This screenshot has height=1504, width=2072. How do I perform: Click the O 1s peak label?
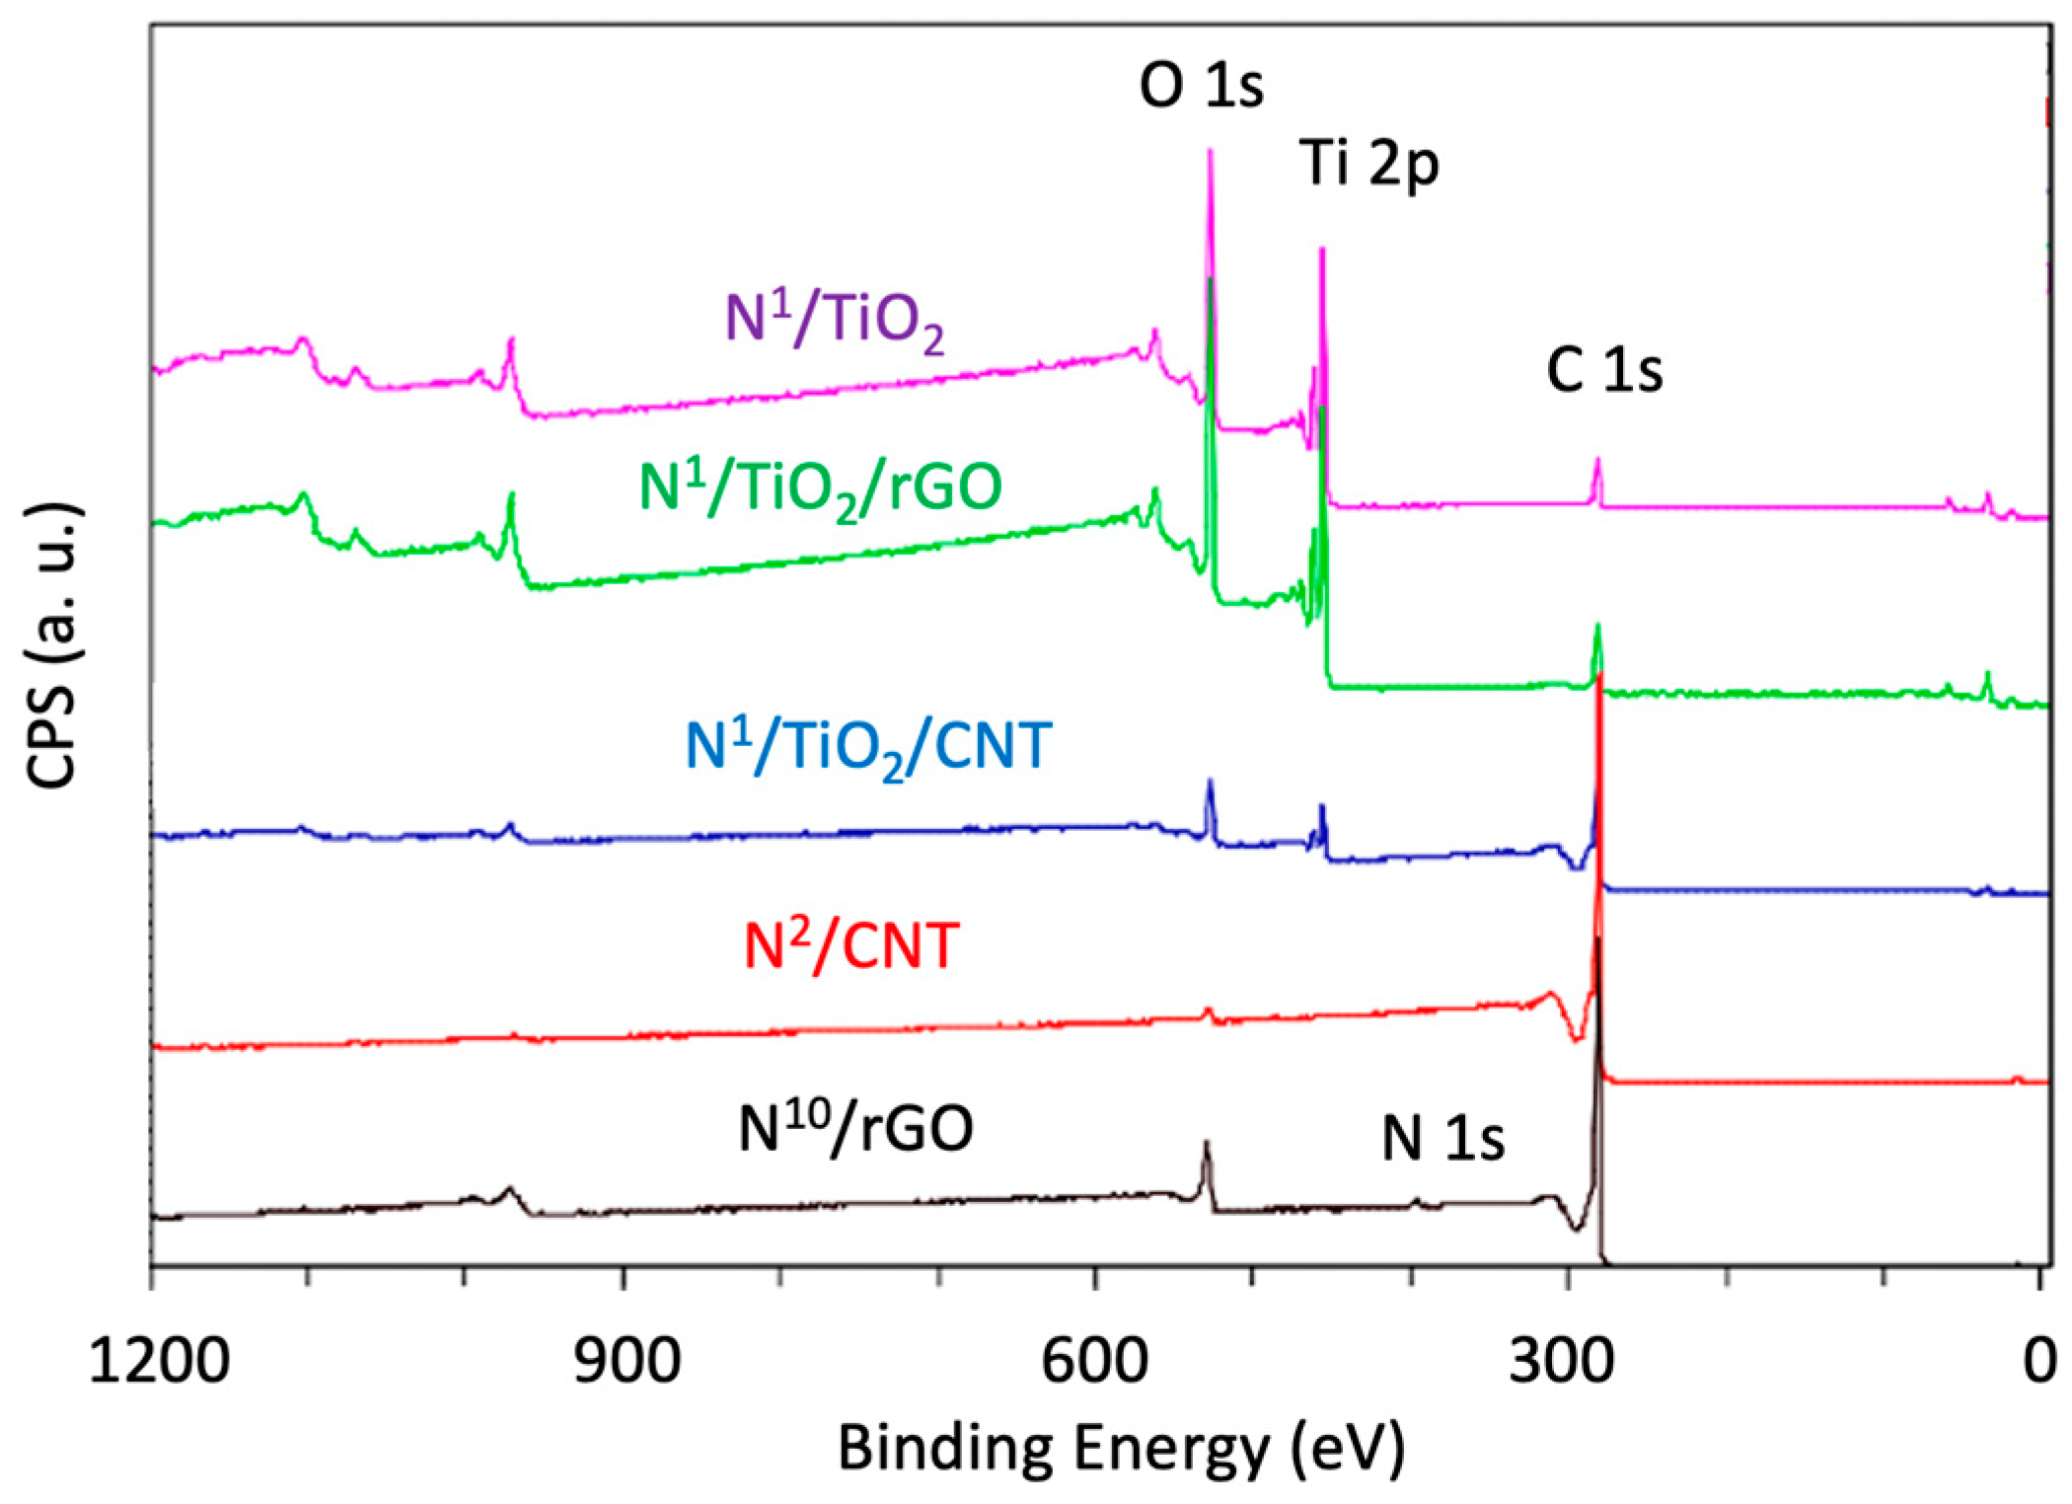[1200, 86]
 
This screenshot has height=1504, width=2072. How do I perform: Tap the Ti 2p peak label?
[1369, 163]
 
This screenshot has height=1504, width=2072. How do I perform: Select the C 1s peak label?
[1604, 371]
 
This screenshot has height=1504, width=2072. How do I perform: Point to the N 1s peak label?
[1443, 1138]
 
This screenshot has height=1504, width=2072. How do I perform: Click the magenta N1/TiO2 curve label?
[835, 320]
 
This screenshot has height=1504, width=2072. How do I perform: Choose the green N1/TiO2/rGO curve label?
[821, 487]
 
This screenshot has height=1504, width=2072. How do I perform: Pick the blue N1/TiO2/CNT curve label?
[868, 746]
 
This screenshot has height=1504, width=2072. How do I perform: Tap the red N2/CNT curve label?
[851, 945]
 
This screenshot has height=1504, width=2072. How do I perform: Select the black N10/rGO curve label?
[855, 1128]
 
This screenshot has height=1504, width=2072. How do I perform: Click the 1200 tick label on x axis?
[160, 1361]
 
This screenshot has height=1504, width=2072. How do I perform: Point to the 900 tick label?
[627, 1361]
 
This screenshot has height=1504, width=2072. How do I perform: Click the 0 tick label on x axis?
[2038, 1361]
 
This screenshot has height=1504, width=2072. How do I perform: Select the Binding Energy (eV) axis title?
[1121, 1449]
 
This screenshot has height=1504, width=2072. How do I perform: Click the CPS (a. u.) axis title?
[53, 645]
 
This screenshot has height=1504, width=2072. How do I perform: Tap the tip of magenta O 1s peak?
[1211, 151]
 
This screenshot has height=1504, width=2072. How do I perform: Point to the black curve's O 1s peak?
[1205, 1144]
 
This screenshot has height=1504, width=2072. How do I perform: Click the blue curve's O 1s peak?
[1210, 782]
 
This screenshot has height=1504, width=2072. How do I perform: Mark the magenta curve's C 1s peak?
[1597, 460]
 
